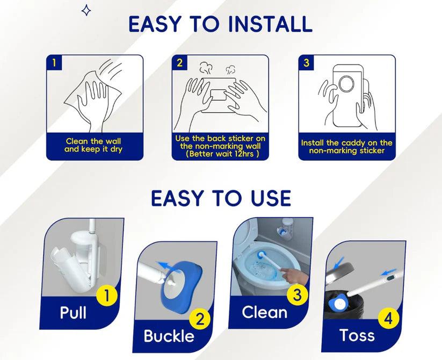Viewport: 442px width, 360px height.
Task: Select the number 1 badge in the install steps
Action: click(x=54, y=62)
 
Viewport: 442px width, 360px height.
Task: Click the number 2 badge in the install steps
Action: click(x=179, y=62)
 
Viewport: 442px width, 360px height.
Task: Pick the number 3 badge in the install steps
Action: click(x=306, y=62)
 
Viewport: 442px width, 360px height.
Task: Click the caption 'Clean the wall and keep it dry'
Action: click(x=93, y=145)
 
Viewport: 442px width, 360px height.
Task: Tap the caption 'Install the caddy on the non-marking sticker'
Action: click(x=346, y=147)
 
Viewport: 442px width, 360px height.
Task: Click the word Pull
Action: click(x=73, y=313)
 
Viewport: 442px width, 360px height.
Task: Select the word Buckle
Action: click(x=169, y=336)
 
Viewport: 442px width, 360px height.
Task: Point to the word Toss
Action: click(x=357, y=335)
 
